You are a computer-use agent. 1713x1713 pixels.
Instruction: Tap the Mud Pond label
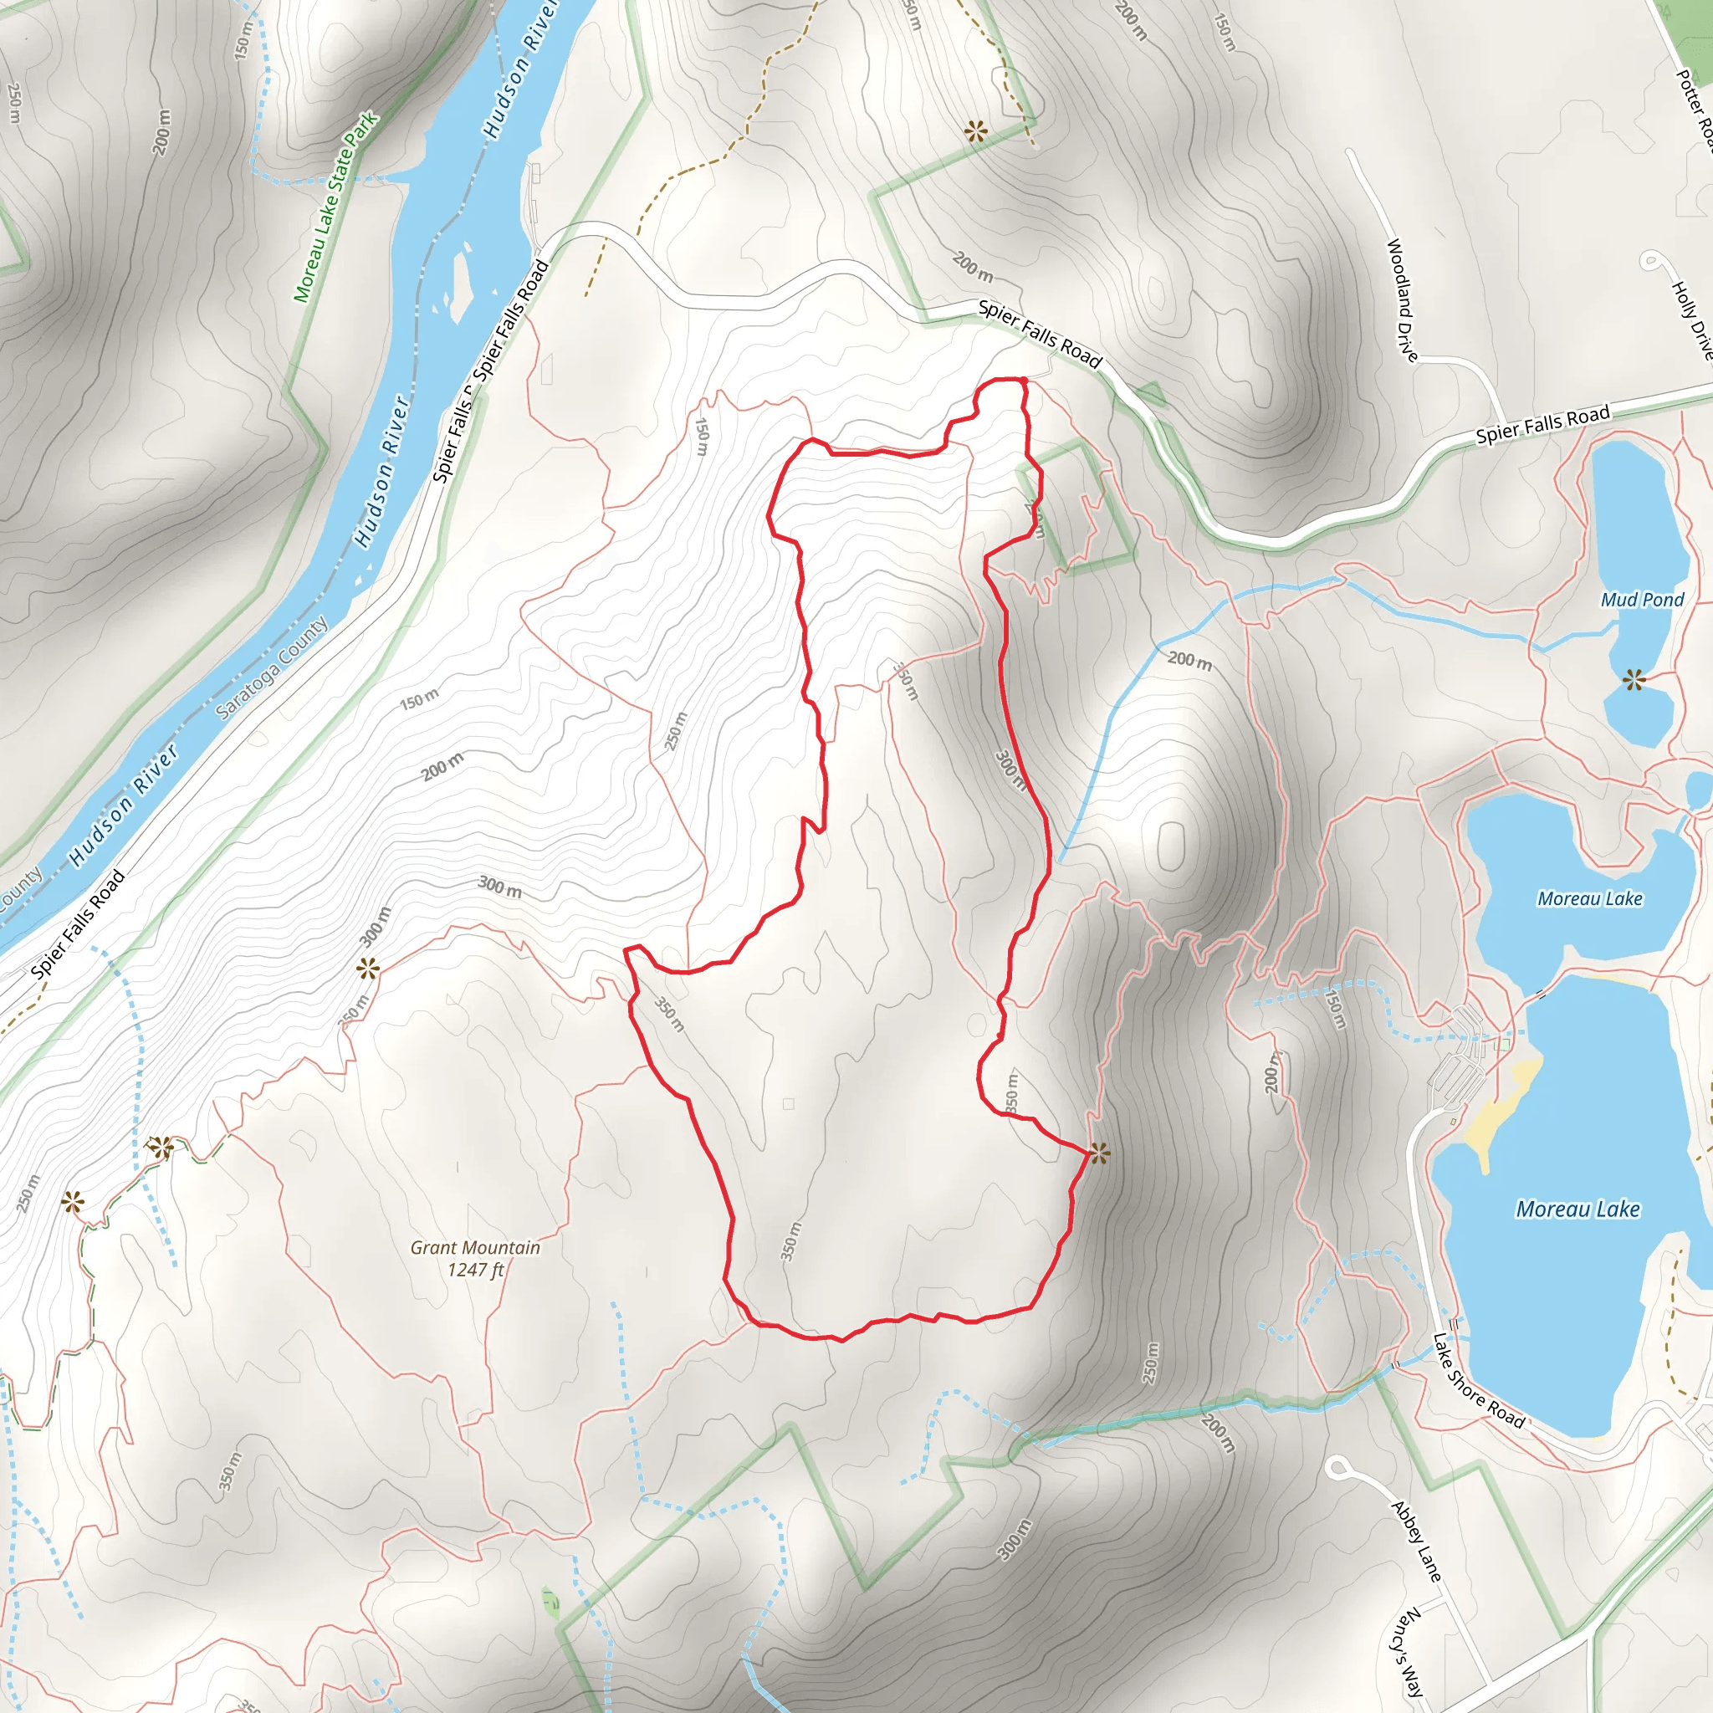click(x=1642, y=601)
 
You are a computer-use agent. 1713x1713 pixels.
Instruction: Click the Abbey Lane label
click(x=1416, y=1541)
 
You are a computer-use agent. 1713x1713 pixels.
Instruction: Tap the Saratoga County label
click(x=271, y=667)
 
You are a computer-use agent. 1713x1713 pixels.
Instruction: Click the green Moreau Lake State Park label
click(x=335, y=207)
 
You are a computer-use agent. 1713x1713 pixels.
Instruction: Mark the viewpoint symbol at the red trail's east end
click(x=1099, y=1153)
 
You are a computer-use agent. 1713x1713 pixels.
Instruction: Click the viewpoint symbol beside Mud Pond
click(x=1634, y=680)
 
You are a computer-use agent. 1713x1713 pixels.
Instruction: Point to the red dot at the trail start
click(x=1023, y=381)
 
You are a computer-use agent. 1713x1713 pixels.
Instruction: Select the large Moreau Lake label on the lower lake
click(x=1577, y=1209)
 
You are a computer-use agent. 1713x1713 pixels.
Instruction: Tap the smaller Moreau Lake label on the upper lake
click(x=1590, y=899)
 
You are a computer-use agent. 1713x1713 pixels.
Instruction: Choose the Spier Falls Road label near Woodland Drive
click(x=1542, y=425)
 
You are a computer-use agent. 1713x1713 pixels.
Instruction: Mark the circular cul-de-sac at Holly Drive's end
click(x=1651, y=261)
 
